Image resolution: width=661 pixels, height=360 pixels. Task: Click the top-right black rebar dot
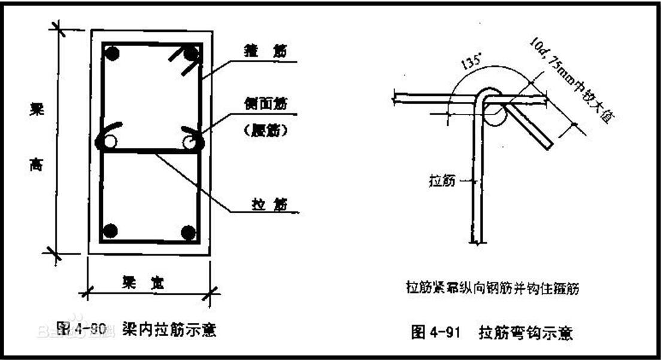190,55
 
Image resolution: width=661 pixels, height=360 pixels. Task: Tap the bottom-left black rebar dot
110,230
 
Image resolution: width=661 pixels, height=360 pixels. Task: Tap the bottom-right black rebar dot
189,231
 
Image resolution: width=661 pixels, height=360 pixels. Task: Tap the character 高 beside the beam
37,168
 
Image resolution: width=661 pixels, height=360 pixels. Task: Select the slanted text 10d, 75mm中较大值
569,81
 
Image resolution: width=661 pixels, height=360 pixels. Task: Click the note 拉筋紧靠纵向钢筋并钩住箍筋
492,288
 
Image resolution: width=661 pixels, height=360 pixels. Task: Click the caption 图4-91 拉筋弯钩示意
492,332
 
